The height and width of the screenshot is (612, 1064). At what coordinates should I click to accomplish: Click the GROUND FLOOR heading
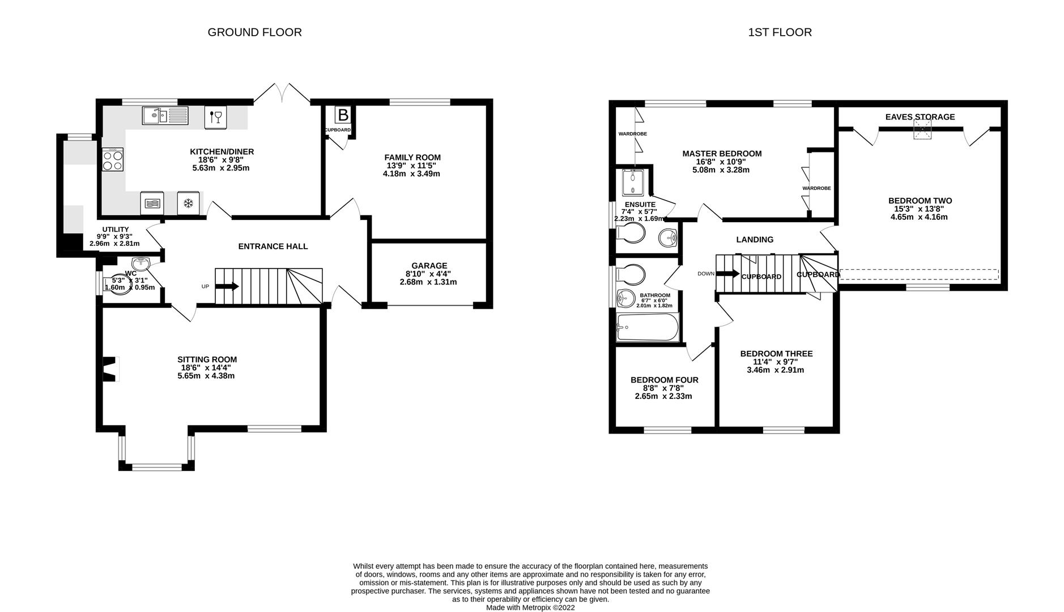point(254,32)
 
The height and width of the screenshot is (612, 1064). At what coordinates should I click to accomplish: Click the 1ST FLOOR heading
point(780,32)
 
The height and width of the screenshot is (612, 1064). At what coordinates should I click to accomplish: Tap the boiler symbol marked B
point(343,116)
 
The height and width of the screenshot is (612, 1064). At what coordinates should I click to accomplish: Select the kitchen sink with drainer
point(165,116)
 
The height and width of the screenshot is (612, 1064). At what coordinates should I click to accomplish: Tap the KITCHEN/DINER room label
point(222,152)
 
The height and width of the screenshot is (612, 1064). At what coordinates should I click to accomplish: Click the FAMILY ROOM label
point(412,158)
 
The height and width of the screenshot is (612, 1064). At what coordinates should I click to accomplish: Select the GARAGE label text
point(429,266)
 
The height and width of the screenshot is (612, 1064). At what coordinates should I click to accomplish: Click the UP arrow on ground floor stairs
point(227,287)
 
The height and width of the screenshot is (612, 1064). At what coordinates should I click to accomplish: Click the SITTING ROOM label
point(207,359)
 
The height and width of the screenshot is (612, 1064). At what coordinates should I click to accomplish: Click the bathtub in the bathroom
point(648,328)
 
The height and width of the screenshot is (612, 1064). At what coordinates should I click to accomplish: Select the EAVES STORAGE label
point(920,117)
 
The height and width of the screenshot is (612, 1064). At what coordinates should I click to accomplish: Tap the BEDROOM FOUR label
point(664,380)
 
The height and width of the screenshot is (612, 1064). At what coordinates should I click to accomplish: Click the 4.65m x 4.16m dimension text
point(920,217)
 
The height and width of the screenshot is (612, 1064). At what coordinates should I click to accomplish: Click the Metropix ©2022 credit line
point(530,607)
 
